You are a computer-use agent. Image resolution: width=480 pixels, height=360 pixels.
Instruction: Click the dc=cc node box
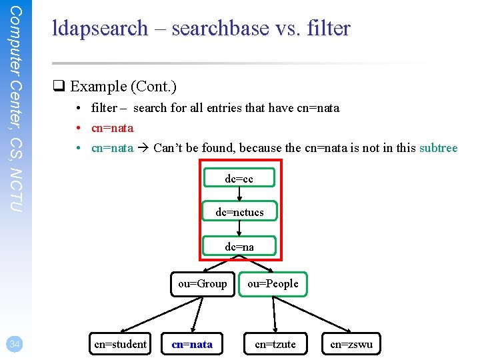[x=239, y=179]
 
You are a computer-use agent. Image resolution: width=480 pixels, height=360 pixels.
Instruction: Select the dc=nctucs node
[x=239, y=212]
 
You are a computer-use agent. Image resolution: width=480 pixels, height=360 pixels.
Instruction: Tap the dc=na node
[x=239, y=247]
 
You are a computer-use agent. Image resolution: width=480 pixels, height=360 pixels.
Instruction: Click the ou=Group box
[x=202, y=283]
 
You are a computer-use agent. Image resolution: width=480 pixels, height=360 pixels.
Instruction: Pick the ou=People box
[x=273, y=283]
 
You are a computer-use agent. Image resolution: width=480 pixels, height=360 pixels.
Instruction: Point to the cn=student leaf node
[x=120, y=344]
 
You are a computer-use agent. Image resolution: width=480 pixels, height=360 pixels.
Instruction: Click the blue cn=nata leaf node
[x=192, y=344]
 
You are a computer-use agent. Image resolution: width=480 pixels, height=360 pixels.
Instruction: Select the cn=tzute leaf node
[x=275, y=344]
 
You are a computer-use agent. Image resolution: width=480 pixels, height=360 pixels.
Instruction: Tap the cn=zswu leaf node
[x=351, y=344]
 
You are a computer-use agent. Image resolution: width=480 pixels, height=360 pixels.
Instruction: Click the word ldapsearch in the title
[x=100, y=29]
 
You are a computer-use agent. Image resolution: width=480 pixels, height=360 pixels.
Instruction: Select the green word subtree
[x=438, y=148]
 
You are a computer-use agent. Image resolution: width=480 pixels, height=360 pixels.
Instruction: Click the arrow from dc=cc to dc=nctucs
[x=239, y=194]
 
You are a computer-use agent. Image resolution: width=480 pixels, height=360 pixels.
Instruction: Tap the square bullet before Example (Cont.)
[x=59, y=87]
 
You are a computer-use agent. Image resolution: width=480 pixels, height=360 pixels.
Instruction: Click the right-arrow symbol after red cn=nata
[x=143, y=148]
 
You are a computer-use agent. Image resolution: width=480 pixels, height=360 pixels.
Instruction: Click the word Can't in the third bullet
[x=169, y=148]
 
